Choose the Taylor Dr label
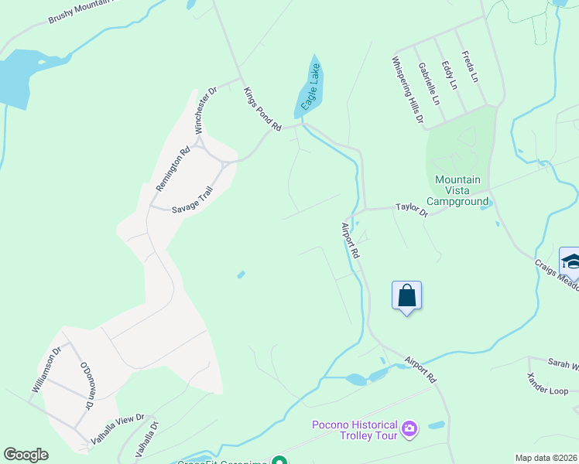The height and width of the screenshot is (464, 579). click(x=411, y=208)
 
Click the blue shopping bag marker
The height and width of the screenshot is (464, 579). click(x=407, y=295)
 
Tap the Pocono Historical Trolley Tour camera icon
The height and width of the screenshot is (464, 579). click(x=410, y=427)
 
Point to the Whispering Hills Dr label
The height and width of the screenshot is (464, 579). click(x=407, y=90)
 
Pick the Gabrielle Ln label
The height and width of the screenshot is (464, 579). click(x=428, y=84)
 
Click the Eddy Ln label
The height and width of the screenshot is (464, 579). click(x=449, y=75)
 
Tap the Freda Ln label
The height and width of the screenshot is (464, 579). click(x=469, y=67)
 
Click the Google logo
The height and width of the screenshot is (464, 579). click(x=26, y=455)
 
